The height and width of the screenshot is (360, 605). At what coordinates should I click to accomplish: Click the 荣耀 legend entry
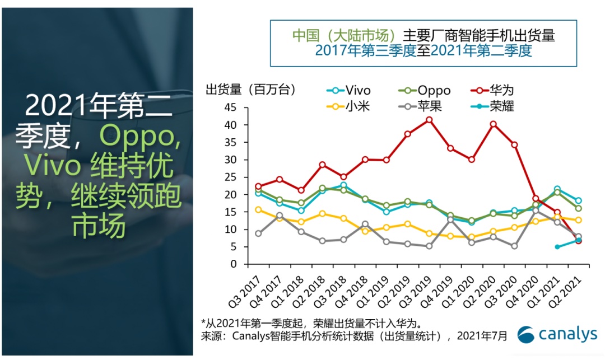click(491, 105)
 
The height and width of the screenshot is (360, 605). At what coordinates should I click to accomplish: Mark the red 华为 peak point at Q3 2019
click(429, 119)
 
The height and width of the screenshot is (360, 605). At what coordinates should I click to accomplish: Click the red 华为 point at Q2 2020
click(493, 124)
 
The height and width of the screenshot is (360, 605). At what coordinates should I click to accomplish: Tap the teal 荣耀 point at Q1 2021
click(557, 247)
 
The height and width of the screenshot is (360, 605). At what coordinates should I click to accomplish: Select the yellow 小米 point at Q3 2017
click(258, 209)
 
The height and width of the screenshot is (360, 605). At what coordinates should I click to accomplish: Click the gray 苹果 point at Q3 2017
click(258, 233)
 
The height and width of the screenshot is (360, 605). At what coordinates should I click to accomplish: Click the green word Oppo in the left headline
click(140, 135)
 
